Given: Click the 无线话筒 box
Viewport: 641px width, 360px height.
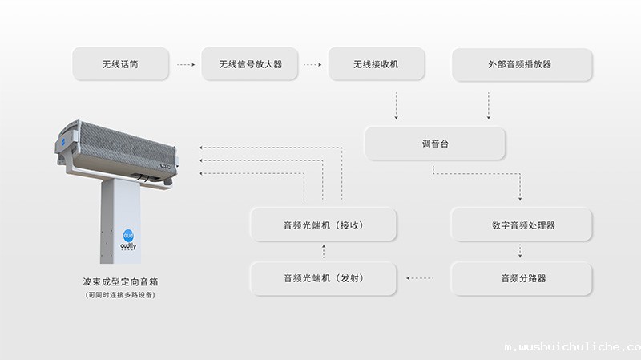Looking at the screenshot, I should tap(120, 64).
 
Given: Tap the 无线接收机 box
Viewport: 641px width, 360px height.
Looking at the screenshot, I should tap(376, 64).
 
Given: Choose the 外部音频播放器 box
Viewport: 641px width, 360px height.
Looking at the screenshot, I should tap(522, 64).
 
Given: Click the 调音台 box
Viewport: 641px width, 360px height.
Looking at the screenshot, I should tap(435, 144).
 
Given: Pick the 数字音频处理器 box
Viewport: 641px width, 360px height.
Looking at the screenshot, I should tap(522, 224).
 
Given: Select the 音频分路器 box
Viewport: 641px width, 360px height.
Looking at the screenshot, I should tap(522, 278).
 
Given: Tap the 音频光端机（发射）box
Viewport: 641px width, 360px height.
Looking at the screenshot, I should tap(324, 278).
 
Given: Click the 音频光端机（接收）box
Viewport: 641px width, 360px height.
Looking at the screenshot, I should tap(324, 224).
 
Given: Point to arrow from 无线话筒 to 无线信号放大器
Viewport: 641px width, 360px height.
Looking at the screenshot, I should tap(185, 64).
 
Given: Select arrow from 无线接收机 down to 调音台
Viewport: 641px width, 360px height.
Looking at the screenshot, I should tap(396, 105).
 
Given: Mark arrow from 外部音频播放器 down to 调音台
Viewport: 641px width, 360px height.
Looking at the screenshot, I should tap(489, 105).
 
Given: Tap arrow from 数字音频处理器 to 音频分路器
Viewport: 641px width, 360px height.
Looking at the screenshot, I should tap(521, 251).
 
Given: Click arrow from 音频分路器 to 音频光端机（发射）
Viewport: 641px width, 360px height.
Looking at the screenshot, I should tap(421, 278).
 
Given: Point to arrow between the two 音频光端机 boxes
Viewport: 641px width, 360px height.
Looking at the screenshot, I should tap(324, 251).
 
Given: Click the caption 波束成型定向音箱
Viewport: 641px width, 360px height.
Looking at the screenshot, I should tap(120, 282).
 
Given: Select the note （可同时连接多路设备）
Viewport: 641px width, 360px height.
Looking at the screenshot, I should tap(120, 295).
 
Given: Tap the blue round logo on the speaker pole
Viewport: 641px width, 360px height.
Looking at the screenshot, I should tap(128, 235).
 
